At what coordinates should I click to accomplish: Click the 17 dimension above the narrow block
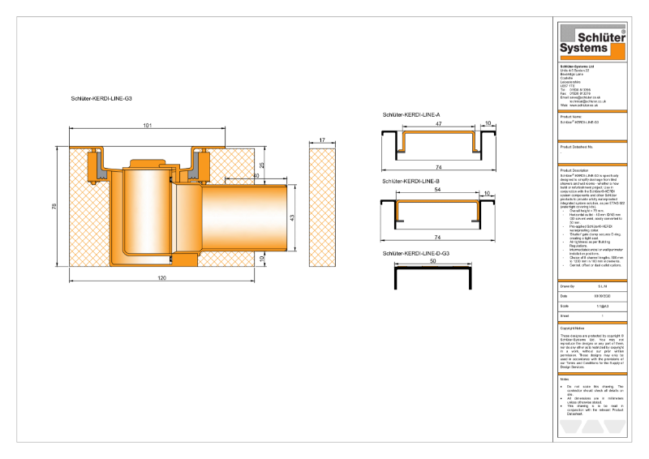point(322,141)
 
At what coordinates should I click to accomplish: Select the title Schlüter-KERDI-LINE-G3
point(101,97)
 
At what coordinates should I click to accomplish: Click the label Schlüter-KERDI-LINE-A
point(410,115)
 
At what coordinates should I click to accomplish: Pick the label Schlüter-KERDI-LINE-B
point(410,181)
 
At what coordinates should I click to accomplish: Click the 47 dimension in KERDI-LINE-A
point(437,125)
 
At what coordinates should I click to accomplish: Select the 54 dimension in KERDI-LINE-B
point(437,188)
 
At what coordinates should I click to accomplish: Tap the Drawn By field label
point(568,287)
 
